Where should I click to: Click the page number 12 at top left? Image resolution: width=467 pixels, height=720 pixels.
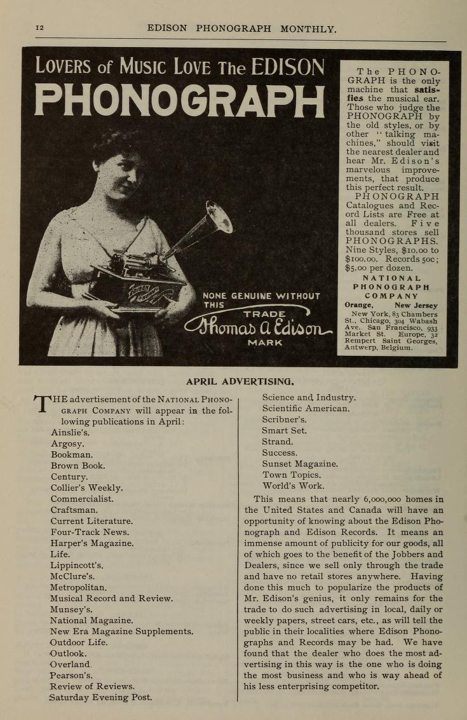(x=39, y=28)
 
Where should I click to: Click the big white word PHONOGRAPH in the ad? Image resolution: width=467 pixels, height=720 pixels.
(x=179, y=102)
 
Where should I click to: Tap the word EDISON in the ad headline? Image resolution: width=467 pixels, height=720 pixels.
(x=288, y=66)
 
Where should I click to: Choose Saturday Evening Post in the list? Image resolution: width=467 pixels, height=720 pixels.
(x=100, y=697)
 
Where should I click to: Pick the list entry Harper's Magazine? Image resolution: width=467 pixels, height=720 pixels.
(x=91, y=543)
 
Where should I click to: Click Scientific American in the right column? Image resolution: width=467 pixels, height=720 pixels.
(x=306, y=409)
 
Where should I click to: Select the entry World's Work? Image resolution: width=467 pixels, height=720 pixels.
(x=293, y=486)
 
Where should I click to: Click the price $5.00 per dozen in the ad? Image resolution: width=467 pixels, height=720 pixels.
(x=376, y=268)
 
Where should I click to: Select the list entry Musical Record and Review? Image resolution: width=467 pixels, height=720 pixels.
(x=111, y=599)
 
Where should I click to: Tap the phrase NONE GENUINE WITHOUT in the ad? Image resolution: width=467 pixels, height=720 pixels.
(x=261, y=295)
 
